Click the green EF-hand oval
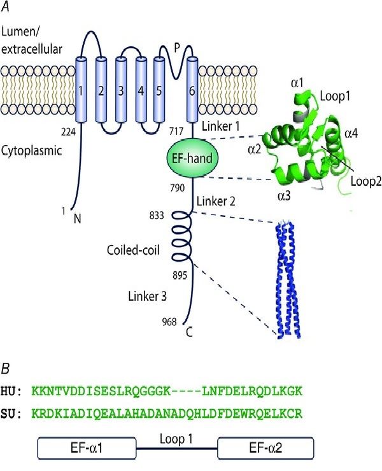tap(192, 155)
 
